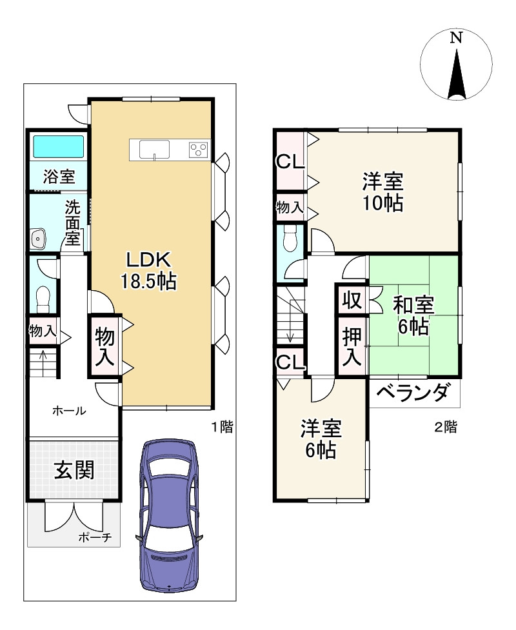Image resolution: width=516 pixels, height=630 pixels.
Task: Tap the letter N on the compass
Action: (x=456, y=37)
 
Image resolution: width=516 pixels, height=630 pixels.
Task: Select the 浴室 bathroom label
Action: (x=59, y=175)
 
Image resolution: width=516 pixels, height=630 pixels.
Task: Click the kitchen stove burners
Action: (x=199, y=150)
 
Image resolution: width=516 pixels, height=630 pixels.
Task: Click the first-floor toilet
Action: (x=43, y=299)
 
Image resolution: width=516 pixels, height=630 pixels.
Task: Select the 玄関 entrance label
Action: (x=73, y=470)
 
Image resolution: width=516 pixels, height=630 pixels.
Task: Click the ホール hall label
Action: (x=68, y=410)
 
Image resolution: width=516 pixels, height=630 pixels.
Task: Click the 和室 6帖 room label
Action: (x=412, y=315)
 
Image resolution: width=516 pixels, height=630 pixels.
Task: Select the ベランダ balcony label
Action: (x=412, y=393)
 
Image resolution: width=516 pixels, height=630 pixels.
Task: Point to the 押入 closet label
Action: (x=352, y=348)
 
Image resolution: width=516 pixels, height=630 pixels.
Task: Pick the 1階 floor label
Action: (x=222, y=426)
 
